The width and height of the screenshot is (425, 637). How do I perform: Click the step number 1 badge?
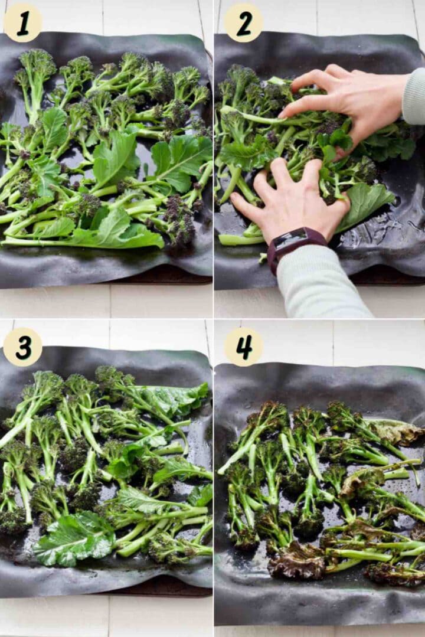(x=22, y=22)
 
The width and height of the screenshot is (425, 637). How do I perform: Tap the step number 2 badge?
(x=243, y=22)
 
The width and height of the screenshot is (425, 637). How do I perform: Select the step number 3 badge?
(x=22, y=347)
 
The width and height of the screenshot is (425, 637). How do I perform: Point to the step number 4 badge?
(x=243, y=347)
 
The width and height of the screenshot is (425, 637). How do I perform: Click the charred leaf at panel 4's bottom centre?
(x=298, y=561)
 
